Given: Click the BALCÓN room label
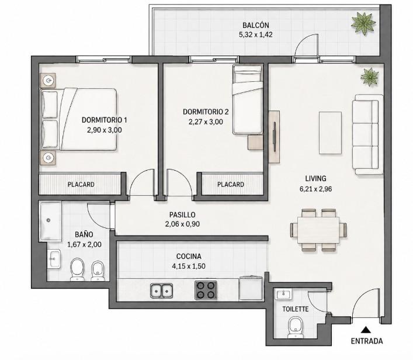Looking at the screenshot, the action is [255, 25].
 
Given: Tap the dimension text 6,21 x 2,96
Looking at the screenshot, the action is [315, 189].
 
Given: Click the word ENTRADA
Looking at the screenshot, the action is [367, 341].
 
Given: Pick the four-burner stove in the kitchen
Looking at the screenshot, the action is [206, 290].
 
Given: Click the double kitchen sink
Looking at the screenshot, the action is [161, 290].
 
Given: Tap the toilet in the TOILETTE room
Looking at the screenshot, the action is [295, 327].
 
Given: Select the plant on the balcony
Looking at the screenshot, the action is [363, 23].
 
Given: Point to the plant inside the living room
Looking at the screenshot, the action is [370, 77].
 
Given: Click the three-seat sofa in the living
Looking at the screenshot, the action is [367, 134].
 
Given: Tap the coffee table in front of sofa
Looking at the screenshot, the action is [330, 133].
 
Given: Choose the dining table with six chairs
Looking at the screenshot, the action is [318, 230].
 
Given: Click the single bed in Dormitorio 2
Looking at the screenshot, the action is [248, 99].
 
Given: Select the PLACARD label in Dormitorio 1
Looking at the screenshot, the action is [81, 184].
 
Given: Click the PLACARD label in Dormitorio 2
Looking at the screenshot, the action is [231, 184].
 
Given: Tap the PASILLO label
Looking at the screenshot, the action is [182, 214].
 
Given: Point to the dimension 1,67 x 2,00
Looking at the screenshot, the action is [84, 244].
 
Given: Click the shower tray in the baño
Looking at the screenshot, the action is [50, 221].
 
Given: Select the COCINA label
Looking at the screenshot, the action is [189, 256].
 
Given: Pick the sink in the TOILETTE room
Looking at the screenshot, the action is [283, 294].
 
